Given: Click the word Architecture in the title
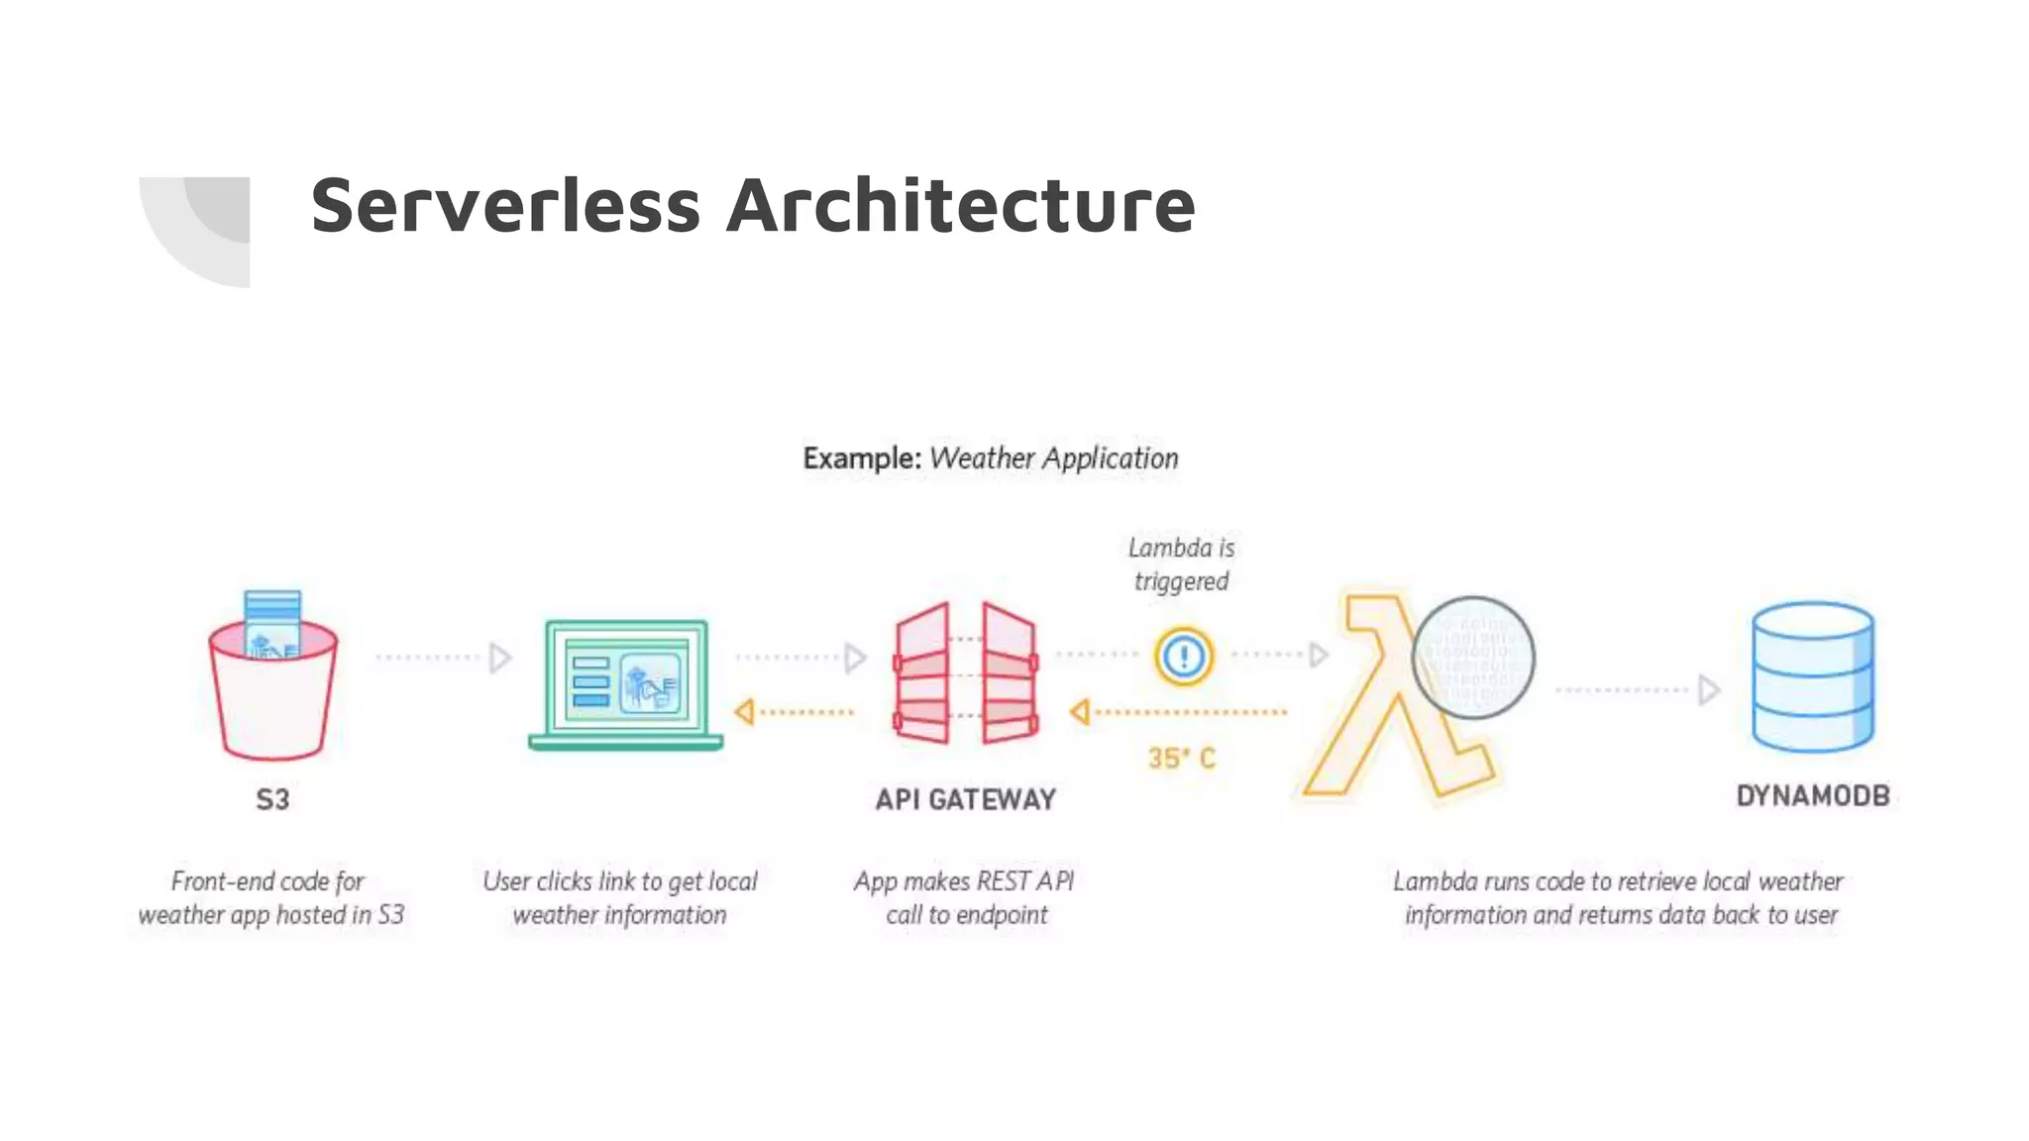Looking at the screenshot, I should (x=960, y=206).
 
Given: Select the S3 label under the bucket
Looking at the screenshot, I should (x=272, y=799).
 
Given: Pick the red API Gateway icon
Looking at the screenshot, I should (x=966, y=674).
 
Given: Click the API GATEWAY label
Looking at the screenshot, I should (x=966, y=799).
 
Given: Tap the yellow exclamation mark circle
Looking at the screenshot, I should (x=1183, y=656).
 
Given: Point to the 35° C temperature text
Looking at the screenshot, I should (x=1181, y=759).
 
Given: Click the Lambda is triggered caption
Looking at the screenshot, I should (x=1181, y=565).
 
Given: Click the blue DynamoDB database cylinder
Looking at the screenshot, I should (x=1812, y=678).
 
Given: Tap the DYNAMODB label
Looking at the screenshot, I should (x=1812, y=795).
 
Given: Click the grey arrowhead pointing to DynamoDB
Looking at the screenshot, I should (x=1708, y=690).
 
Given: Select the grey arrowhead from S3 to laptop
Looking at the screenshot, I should (x=500, y=658).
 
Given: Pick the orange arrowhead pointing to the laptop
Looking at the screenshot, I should (x=744, y=712).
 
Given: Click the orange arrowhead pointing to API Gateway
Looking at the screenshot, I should (x=1080, y=712).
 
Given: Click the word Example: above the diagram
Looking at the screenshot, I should (x=862, y=459).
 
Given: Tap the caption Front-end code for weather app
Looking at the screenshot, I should (x=270, y=898).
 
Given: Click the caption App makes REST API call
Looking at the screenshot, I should (x=965, y=898).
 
